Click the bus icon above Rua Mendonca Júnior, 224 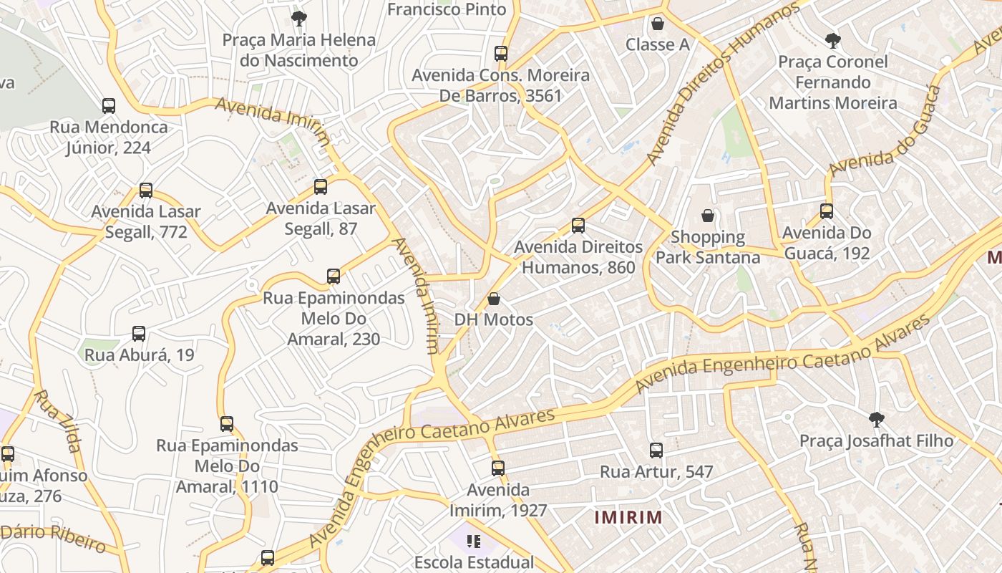point(109,106)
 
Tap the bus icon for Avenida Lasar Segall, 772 point(146,191)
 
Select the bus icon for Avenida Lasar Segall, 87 point(321,187)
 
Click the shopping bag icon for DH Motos point(494,299)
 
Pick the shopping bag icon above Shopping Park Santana point(708,216)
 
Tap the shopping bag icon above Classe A point(658,24)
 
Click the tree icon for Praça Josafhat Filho point(876,420)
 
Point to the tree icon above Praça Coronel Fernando point(832,40)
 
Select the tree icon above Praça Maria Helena point(298,19)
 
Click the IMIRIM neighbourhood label point(628,517)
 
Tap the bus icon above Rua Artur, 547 point(656,451)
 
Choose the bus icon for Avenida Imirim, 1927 point(498,468)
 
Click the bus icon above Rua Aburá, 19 point(139,334)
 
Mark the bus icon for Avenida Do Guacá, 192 point(827,211)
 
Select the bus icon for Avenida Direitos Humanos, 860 point(578,226)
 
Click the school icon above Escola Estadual point(472,541)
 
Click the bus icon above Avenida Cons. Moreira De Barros point(501,54)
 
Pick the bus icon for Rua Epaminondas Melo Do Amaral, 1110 point(227,424)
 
